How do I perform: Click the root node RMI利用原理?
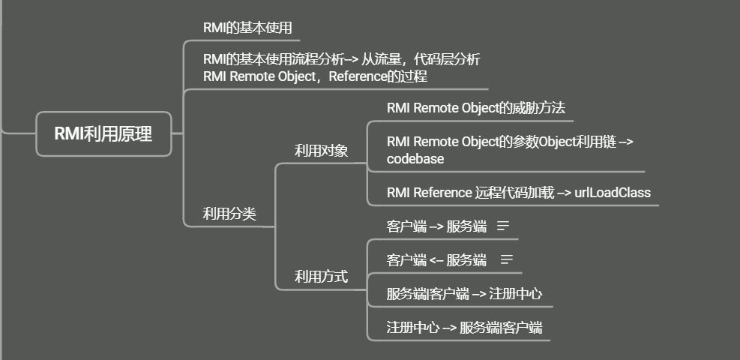pos(103,134)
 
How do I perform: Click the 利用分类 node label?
pos(229,214)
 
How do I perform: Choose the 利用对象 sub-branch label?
pos(321,151)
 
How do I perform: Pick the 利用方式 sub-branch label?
pos(321,277)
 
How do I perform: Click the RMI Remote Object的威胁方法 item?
pos(475,107)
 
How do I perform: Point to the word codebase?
pos(415,158)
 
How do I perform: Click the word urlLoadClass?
pos(613,193)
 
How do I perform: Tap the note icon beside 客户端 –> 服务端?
pos(503,225)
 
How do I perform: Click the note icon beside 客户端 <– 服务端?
pos(506,259)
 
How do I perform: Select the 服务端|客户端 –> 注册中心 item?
pos(464,294)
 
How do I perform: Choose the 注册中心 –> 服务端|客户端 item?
pos(464,328)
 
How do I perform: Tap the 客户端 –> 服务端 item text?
pos(436,226)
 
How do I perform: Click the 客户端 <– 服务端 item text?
pos(436,260)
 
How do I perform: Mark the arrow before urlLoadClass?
pos(562,193)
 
